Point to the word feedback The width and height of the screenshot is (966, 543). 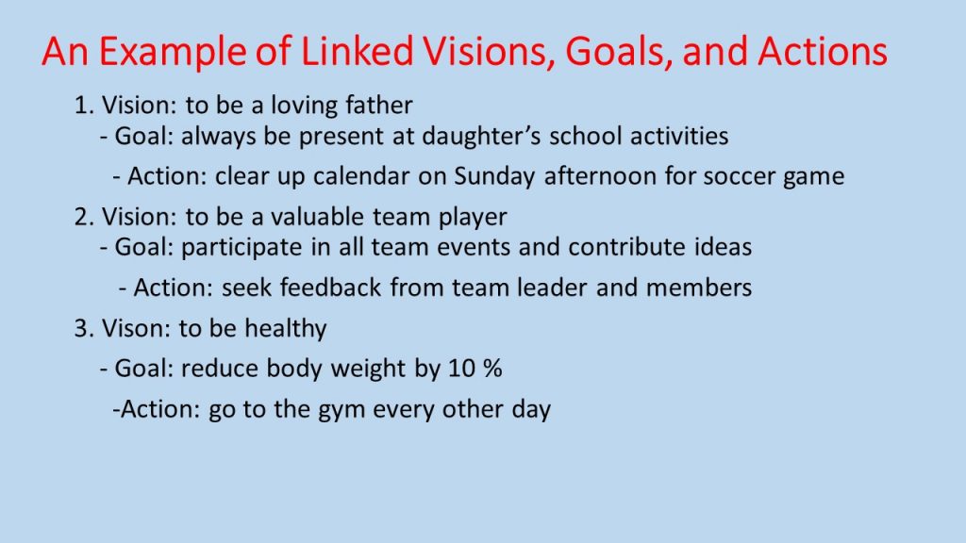tap(330, 288)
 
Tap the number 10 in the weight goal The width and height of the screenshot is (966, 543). tap(461, 369)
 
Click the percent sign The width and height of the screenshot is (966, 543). tap(492, 369)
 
